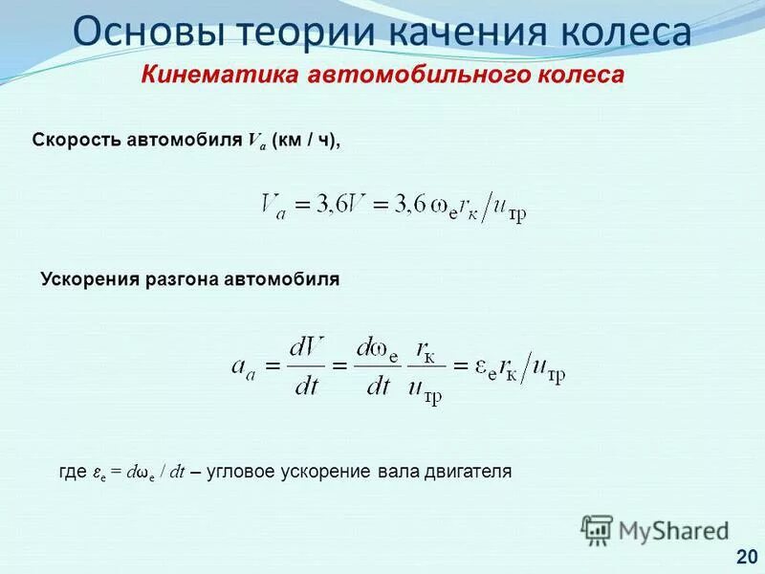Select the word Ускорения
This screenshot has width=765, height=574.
pyautogui.click(x=88, y=280)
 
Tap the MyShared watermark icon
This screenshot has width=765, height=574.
pyautogui.click(x=597, y=529)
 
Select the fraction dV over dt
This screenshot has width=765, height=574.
pyautogui.click(x=306, y=367)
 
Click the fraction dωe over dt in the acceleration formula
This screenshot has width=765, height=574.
pyautogui.click(x=377, y=367)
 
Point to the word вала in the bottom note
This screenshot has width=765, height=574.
pyautogui.click(x=397, y=473)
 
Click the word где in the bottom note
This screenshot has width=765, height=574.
pyautogui.click(x=73, y=473)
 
